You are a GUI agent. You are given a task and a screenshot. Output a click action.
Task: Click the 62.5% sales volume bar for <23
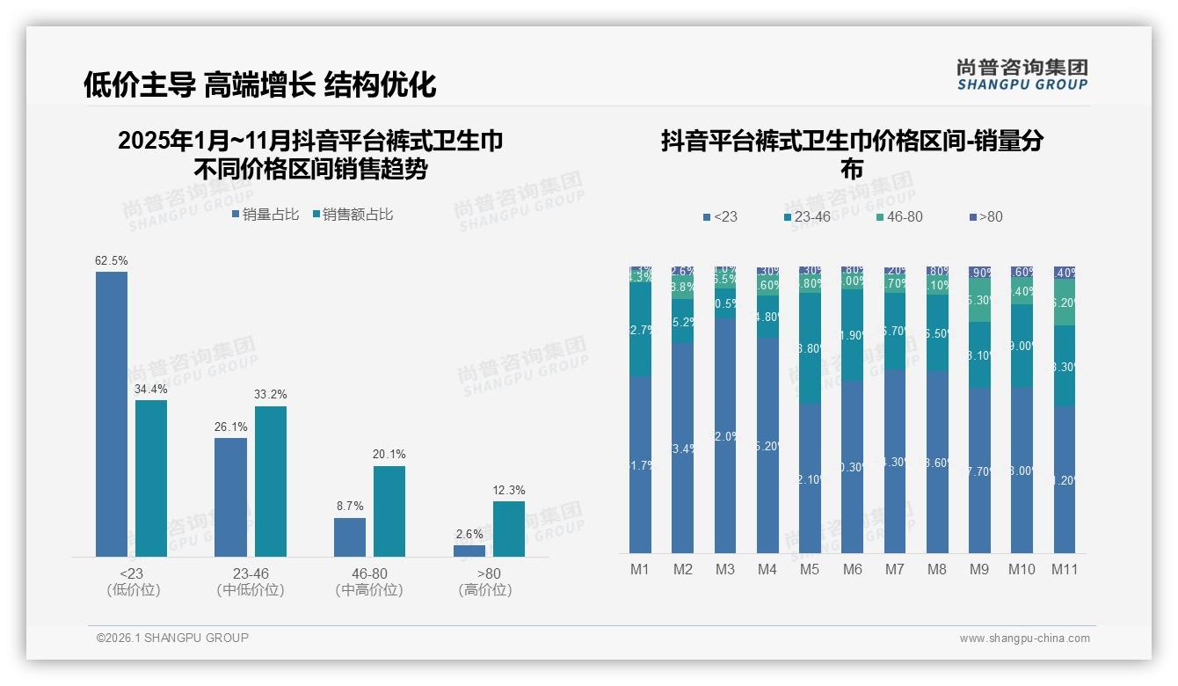tap(112, 413)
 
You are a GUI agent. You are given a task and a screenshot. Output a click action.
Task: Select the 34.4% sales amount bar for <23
tap(151, 478)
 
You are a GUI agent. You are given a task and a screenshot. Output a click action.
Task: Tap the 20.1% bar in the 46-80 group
tap(389, 511)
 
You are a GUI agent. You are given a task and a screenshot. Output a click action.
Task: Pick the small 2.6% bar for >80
tap(469, 551)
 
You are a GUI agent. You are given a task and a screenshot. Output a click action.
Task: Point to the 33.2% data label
tap(271, 394)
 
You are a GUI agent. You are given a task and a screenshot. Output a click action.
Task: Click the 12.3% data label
tap(509, 490)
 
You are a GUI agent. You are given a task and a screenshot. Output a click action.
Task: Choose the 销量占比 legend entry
tap(265, 215)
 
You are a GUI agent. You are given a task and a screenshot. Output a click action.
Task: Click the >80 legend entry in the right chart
tap(985, 216)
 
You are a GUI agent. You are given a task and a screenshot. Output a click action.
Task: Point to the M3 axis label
tap(724, 569)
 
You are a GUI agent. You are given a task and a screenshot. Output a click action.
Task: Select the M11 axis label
tap(1065, 569)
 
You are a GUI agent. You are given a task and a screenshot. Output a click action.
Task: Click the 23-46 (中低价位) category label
tap(251, 581)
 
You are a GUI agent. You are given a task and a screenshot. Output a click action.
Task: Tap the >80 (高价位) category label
tap(485, 581)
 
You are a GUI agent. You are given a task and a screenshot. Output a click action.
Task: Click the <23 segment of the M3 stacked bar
tap(724, 435)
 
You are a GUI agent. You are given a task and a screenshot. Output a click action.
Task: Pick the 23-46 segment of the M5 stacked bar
tap(810, 348)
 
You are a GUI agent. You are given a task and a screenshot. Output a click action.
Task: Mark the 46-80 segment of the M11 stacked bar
tap(1065, 303)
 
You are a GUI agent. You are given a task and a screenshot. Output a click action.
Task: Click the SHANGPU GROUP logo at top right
tap(1022, 75)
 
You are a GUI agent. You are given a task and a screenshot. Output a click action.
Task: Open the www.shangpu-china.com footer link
tap(1024, 639)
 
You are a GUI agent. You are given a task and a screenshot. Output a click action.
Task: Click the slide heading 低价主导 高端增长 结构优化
tap(260, 84)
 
